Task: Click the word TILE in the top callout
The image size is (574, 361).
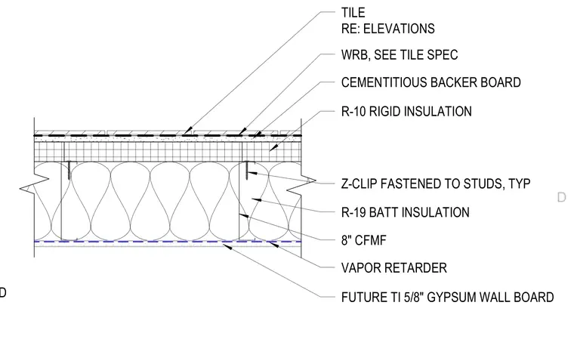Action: (353, 12)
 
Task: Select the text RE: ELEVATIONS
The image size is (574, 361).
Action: (387, 29)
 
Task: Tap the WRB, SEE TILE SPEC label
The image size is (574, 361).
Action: (400, 55)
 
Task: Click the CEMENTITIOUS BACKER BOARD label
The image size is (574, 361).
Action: (430, 82)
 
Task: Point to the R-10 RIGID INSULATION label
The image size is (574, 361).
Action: (406, 111)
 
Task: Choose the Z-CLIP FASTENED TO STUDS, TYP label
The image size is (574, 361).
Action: (436, 184)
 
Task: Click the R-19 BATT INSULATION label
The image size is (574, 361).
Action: (406, 212)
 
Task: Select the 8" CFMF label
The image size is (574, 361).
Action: (363, 240)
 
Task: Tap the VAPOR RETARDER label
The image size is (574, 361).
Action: (394, 267)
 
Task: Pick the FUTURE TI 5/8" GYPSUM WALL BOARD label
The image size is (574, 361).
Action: (447, 297)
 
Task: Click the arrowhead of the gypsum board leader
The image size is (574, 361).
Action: (227, 247)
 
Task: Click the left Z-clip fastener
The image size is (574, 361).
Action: (69, 170)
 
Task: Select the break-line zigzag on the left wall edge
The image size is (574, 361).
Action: (35, 184)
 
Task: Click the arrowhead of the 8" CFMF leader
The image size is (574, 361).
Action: (244, 216)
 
